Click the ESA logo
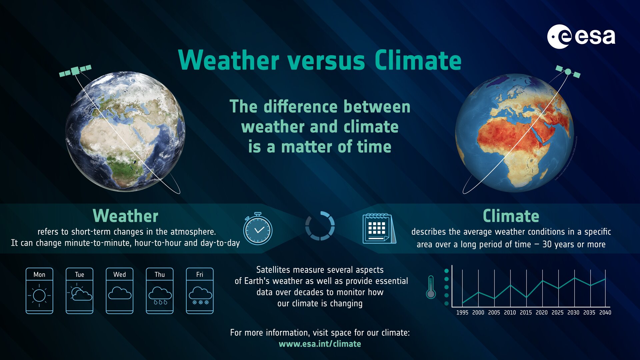[x=581, y=36]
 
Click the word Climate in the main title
[x=418, y=61]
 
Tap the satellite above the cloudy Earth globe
[x=75, y=71]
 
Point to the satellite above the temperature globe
[x=568, y=72]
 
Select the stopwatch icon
[x=258, y=229]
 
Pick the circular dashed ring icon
[x=320, y=226]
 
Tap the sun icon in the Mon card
[x=39, y=295]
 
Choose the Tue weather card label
[x=79, y=274]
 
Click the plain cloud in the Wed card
[x=120, y=293]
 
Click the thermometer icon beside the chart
[x=431, y=287]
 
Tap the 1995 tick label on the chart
[x=462, y=312]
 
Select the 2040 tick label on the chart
[x=605, y=312]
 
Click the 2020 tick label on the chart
[x=541, y=312]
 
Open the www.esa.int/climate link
[x=320, y=344]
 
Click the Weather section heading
[x=125, y=216]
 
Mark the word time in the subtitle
[x=374, y=147]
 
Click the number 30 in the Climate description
[x=547, y=244]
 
